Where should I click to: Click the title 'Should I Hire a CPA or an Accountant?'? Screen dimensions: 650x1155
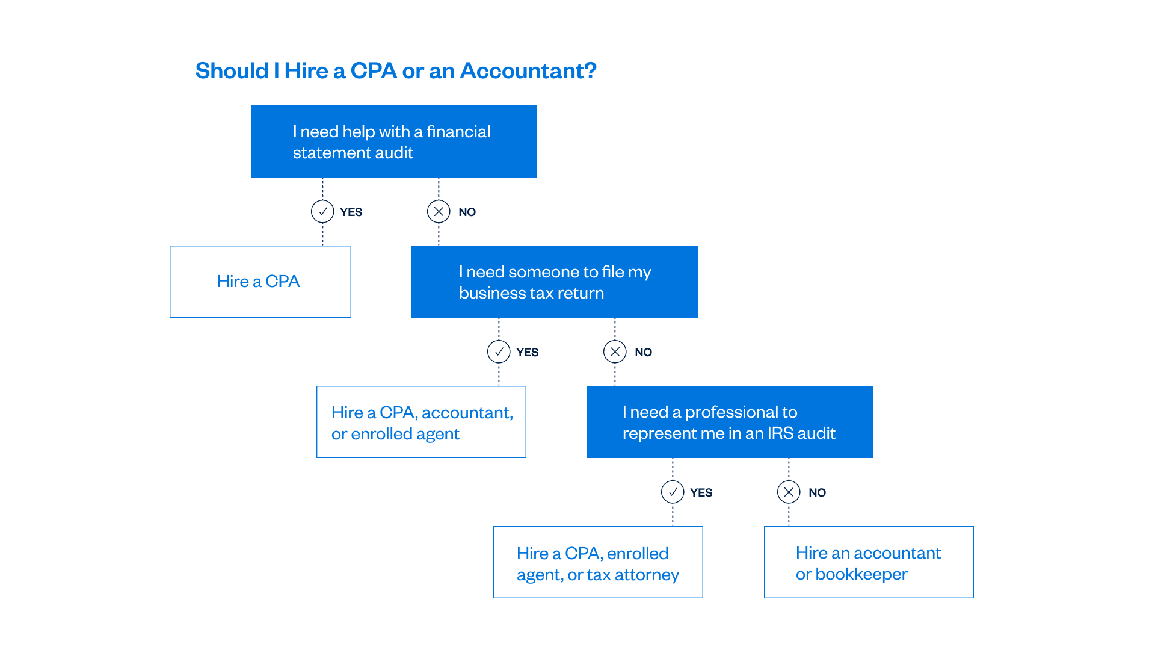coord(396,71)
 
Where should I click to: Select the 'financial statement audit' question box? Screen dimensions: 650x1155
coord(394,142)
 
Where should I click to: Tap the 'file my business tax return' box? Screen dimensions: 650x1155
coord(554,282)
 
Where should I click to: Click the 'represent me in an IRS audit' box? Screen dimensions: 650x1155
coord(730,422)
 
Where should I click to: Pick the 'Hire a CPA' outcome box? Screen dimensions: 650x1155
coord(260,281)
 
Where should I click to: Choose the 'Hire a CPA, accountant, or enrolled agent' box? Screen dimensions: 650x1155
coord(421,422)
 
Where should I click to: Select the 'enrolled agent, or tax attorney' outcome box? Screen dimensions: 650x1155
coord(598,563)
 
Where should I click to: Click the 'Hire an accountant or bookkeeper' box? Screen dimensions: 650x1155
coord(869,563)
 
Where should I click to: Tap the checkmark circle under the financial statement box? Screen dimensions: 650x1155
coord(322,212)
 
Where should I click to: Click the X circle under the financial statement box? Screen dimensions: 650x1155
coord(439,212)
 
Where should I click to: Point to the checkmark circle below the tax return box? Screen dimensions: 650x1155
coord(499,352)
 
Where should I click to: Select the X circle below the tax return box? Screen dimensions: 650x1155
coord(615,352)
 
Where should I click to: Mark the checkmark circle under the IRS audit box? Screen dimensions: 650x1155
coord(673,492)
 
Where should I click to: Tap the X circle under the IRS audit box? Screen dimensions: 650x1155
coord(789,492)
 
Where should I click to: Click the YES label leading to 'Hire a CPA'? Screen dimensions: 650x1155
coord(351,212)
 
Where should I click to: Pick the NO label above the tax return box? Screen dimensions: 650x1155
coord(467,212)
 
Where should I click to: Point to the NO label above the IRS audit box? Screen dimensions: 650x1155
coord(643,353)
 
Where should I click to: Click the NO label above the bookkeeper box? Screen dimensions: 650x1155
coord(817,493)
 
